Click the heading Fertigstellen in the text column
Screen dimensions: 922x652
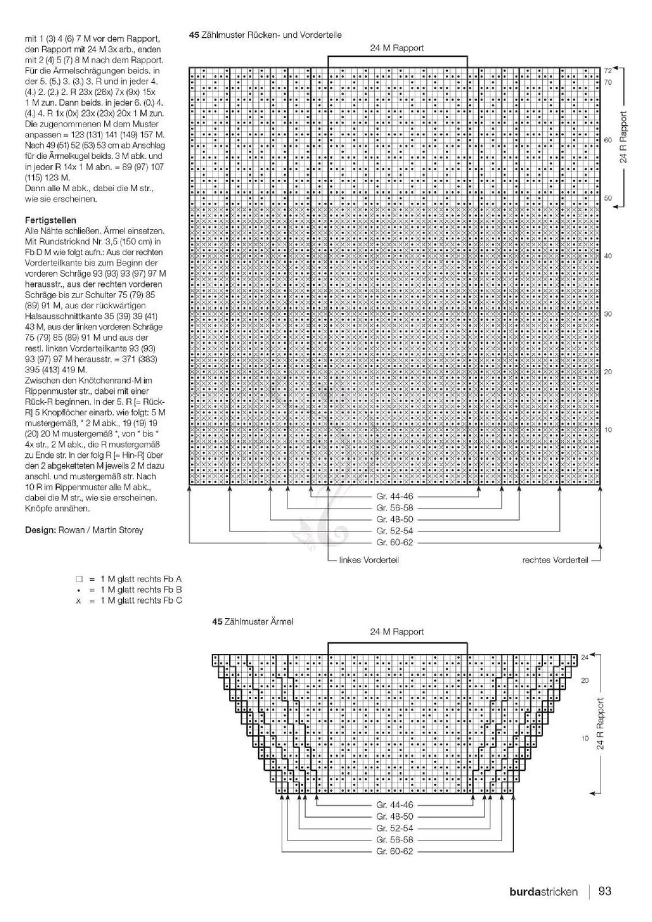click(50, 220)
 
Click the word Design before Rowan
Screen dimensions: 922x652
click(39, 530)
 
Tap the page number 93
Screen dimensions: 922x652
click(604, 890)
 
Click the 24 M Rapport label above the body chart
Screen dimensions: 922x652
click(397, 48)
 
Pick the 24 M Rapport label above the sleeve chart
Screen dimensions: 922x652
click(397, 631)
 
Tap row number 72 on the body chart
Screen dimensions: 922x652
click(607, 70)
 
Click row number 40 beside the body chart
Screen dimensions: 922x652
click(608, 256)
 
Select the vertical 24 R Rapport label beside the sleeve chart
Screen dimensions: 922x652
click(600, 724)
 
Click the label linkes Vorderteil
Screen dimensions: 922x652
click(368, 559)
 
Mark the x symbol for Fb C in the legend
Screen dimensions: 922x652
click(78, 601)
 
